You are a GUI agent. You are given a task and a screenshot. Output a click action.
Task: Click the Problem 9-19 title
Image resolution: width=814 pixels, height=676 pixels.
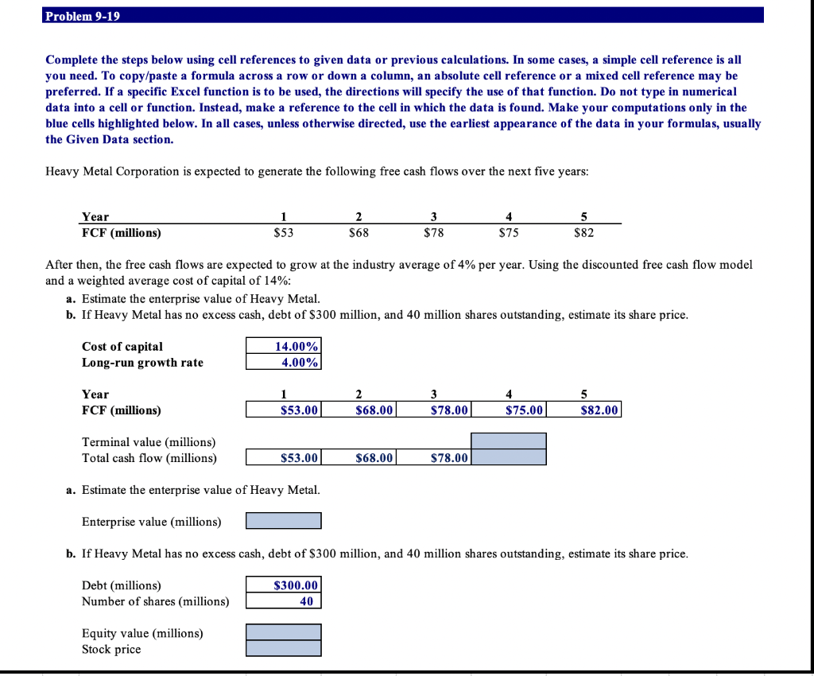83,16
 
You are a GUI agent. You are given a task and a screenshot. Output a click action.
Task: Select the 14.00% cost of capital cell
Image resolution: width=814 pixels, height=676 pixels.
284,347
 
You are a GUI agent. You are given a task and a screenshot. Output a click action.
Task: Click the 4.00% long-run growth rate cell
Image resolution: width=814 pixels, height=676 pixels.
284,363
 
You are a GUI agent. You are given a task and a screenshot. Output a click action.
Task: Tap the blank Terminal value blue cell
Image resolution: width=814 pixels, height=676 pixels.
509,441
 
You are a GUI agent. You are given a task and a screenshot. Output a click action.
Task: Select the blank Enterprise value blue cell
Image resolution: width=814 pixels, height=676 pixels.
284,521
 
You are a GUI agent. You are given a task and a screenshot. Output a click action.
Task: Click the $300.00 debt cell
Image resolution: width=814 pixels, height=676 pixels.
284,585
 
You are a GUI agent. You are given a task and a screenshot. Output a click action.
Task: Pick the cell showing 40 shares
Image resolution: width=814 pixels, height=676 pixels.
284,601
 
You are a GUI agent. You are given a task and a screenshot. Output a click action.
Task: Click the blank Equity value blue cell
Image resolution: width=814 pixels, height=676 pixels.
284,633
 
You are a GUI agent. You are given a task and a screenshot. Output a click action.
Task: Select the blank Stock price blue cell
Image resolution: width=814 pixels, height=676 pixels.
284,649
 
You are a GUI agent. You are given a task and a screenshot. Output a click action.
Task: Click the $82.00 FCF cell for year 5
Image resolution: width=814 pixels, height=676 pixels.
583,410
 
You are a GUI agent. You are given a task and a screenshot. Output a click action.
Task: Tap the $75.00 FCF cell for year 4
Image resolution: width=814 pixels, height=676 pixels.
509,410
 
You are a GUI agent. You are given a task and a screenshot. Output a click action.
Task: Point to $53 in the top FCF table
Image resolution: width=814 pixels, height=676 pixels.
283,233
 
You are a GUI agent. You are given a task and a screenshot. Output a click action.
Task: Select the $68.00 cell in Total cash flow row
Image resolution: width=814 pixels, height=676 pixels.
359,457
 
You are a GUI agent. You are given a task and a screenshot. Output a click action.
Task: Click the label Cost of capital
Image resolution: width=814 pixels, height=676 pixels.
122,347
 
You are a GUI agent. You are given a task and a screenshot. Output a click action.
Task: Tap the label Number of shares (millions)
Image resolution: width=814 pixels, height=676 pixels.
155,601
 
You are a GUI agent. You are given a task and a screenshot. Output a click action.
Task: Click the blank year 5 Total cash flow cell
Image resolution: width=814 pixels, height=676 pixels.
509,457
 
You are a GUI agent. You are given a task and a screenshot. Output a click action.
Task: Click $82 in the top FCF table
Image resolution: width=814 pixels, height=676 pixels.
583,233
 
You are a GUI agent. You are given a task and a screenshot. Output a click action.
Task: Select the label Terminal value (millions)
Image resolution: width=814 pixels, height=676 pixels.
149,442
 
